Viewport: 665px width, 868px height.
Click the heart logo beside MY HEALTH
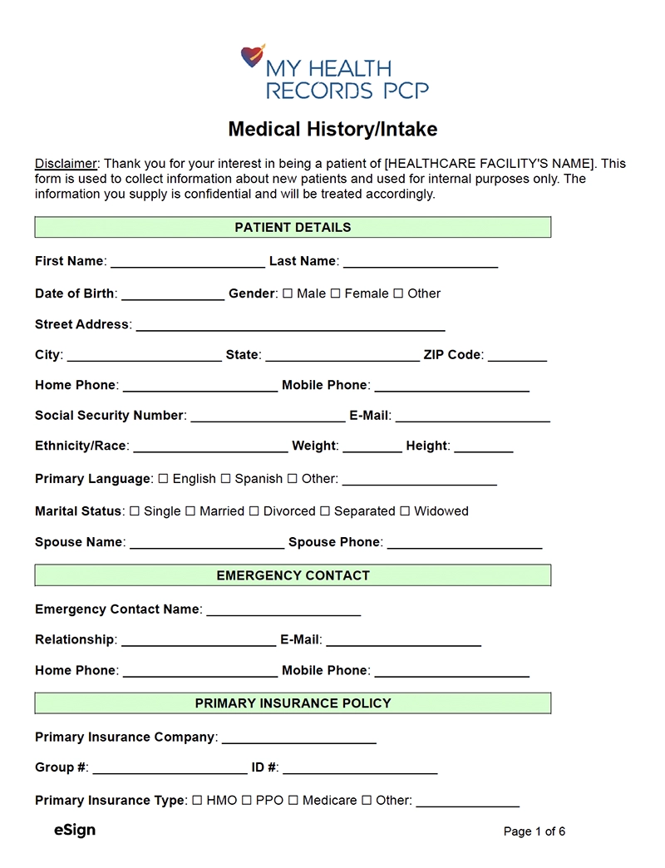point(253,56)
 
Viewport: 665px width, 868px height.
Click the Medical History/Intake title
point(332,130)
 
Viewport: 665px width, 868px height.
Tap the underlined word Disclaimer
point(66,164)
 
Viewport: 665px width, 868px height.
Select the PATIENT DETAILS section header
point(293,227)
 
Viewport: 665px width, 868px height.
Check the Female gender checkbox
point(336,293)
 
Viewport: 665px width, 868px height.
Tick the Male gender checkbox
point(288,293)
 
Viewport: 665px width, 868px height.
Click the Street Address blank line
point(290,327)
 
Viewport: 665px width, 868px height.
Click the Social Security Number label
point(109,416)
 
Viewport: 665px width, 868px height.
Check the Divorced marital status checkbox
point(254,511)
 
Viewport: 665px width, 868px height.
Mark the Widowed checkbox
point(405,511)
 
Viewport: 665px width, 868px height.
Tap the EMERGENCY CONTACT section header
point(293,575)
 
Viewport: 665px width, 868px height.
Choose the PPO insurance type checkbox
point(246,801)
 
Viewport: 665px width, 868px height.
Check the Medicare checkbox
point(293,801)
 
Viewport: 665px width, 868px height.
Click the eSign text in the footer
point(75,830)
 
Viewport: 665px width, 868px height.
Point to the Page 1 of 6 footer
point(534,831)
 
